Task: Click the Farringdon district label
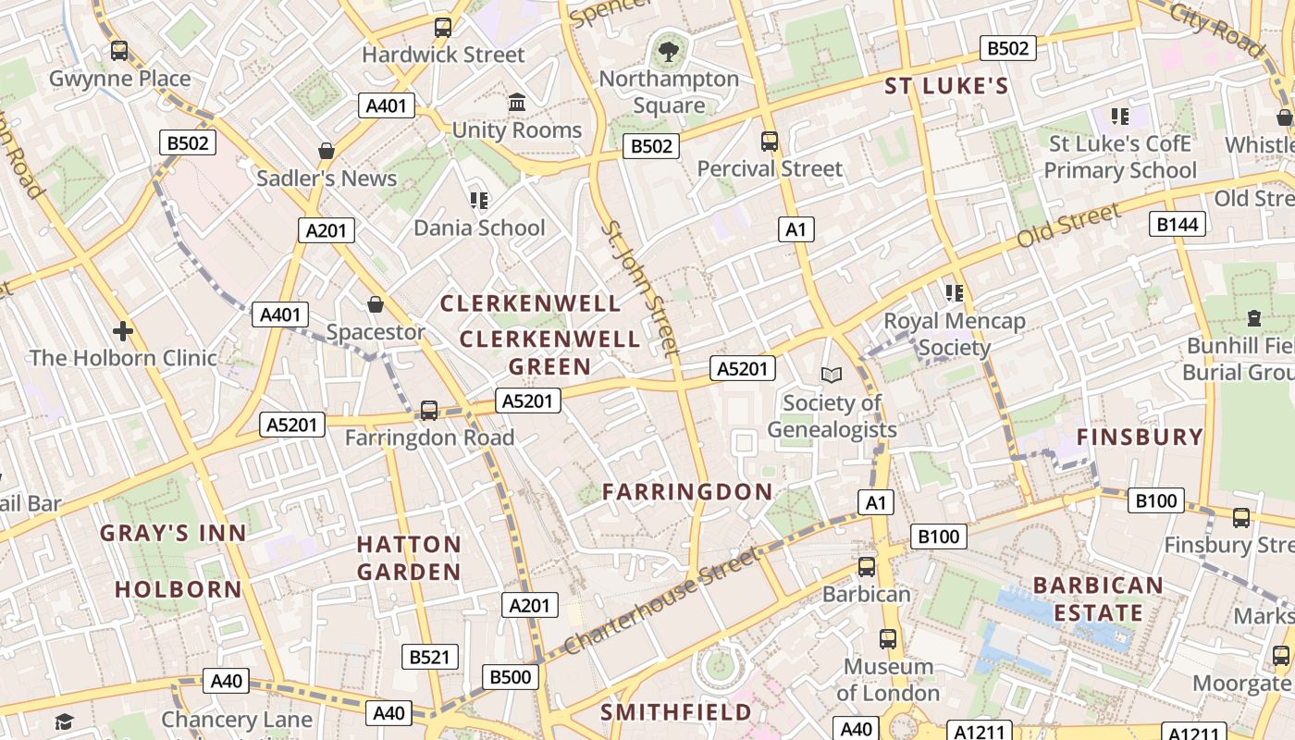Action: [687, 491]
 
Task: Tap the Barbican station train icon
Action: [867, 567]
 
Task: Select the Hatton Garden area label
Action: [409, 558]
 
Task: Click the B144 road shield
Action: [1178, 223]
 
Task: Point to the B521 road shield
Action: [429, 657]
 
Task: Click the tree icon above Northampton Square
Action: [668, 52]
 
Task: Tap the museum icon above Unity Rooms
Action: [517, 102]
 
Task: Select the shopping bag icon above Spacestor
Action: [376, 303]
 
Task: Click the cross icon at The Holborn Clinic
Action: [123, 330]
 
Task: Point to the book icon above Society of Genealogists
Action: [832, 375]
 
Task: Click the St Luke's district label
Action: [946, 86]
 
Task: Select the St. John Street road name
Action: [640, 287]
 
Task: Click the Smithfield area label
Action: [676, 712]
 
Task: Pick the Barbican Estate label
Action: [1098, 598]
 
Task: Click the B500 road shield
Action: [510, 677]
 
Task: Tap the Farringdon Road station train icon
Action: [428, 410]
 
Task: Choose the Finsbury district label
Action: [1141, 437]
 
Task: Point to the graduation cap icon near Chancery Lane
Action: [64, 721]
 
